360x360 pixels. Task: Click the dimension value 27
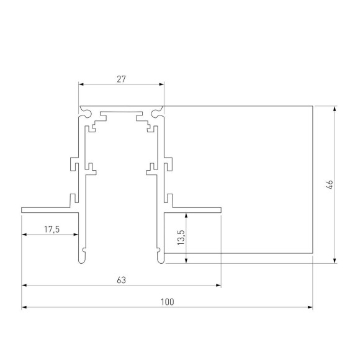click(121, 79)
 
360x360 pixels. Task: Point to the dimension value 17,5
click(51, 230)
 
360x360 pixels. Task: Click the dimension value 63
click(121, 281)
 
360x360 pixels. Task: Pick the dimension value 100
click(167, 302)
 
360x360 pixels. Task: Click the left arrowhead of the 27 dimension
click(81, 84)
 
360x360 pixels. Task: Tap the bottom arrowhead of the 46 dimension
click(335, 260)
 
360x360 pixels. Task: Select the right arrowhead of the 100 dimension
click(309, 307)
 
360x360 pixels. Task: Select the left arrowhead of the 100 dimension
click(25, 307)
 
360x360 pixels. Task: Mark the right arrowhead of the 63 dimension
click(218, 286)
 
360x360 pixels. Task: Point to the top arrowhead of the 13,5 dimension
click(186, 214)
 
